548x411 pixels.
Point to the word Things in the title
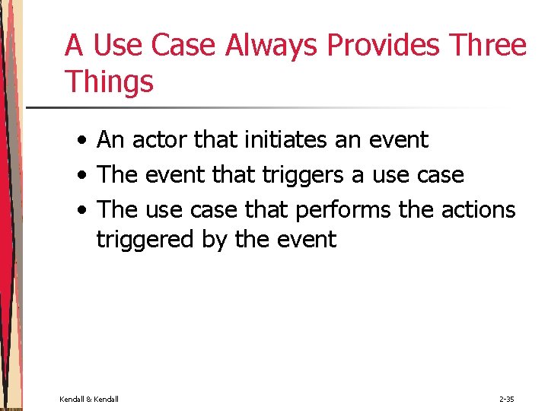tap(110, 81)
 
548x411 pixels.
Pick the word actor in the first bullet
tap(161, 140)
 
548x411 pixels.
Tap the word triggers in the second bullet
tap(303, 175)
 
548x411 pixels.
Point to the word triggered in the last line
tap(145, 240)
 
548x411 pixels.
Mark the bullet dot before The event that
tap(80, 176)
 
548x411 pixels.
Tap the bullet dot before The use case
tap(80, 210)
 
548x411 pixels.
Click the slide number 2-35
tap(506, 399)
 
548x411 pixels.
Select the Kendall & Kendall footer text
tap(89, 399)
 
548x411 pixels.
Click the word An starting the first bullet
tap(111, 140)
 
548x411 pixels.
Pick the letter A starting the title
tap(74, 46)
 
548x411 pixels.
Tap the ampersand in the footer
tap(89, 399)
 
